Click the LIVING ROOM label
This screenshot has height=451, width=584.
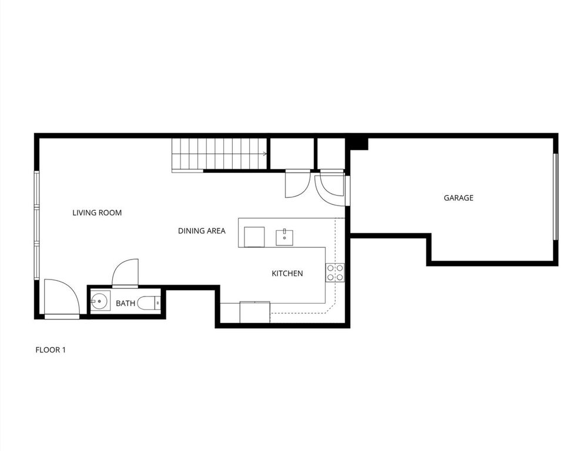(97, 213)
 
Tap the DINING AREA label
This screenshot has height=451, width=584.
(202, 231)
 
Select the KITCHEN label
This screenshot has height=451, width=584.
(287, 273)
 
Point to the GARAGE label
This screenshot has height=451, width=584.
(458, 198)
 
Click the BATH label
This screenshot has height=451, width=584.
(125, 304)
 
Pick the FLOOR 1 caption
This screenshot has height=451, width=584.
(51, 350)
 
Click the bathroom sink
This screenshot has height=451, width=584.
(99, 303)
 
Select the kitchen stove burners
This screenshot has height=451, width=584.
(335, 273)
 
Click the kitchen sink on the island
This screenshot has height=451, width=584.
(285, 237)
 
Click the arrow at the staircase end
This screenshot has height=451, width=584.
(266, 154)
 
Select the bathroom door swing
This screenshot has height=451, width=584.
(126, 273)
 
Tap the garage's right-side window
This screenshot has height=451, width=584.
(555, 197)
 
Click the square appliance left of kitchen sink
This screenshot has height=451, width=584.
(254, 237)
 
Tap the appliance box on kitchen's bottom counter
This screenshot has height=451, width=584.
(254, 312)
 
